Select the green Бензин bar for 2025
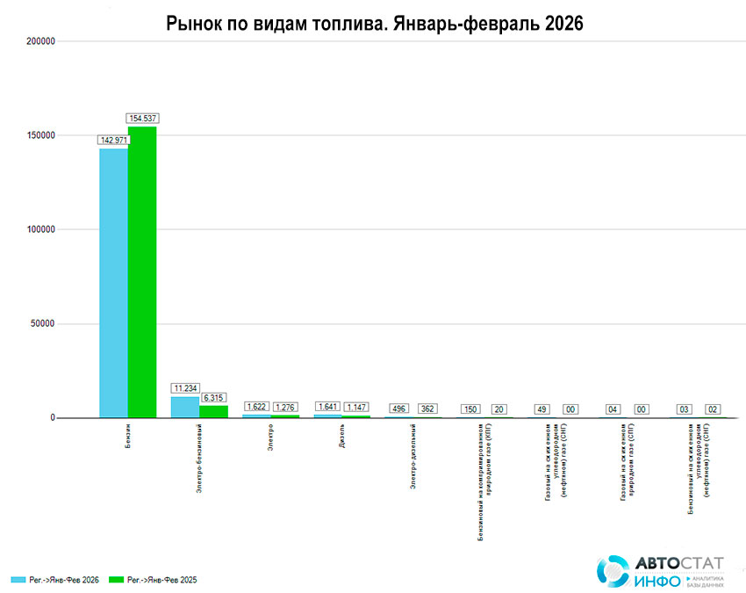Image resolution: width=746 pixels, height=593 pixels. pos(142,272)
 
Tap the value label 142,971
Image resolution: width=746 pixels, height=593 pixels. pos(113,140)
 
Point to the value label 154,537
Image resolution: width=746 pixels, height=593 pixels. pos(143,118)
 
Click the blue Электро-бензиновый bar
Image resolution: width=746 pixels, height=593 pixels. pos(185,407)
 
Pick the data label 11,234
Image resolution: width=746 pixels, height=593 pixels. pos(185,387)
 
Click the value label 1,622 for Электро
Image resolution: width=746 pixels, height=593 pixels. pos(257,407)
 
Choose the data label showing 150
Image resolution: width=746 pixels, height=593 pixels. pos(471,409)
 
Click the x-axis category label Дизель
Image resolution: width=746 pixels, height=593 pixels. pos(342,437)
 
